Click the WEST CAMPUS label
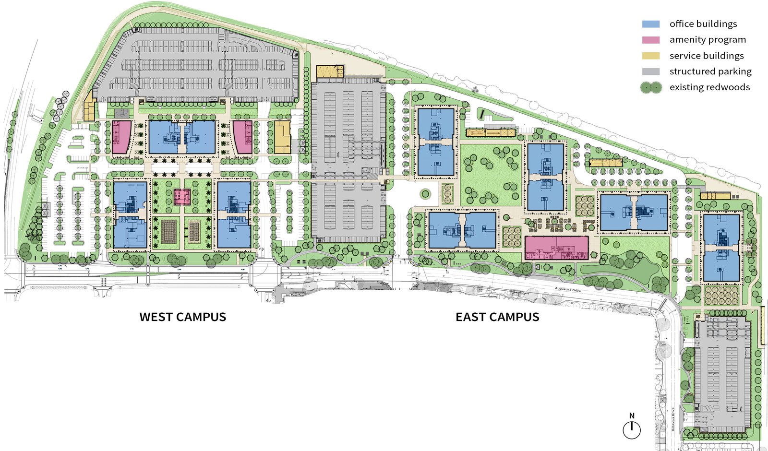point(182,317)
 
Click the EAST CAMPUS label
point(497,317)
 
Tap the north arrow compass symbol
point(632,429)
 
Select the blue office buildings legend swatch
point(651,24)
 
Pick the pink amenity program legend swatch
point(651,40)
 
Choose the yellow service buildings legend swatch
point(651,56)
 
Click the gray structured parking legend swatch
point(651,71)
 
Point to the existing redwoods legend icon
point(651,87)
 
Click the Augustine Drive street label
point(568,290)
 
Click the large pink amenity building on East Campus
point(556,248)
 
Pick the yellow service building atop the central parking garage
point(330,71)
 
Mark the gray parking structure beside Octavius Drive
point(723,374)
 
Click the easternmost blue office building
point(721,248)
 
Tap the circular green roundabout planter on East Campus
point(425,194)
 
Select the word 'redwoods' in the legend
point(726,87)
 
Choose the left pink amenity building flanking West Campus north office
point(121,137)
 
